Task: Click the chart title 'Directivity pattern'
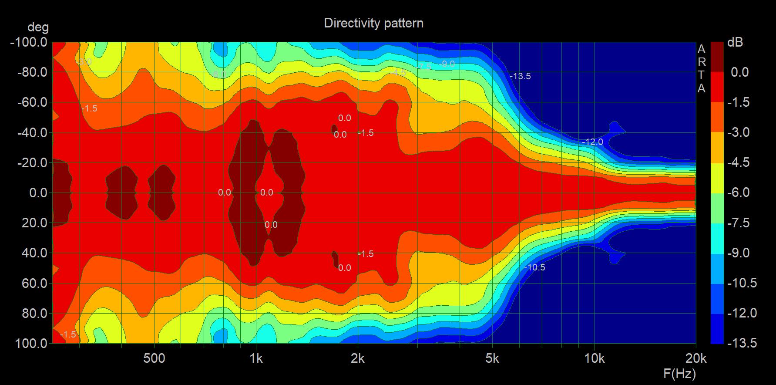pyautogui.click(x=373, y=23)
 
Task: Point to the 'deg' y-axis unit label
pyautogui.click(x=38, y=27)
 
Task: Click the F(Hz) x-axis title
pyautogui.click(x=679, y=374)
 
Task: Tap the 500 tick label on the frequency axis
pyautogui.click(x=154, y=358)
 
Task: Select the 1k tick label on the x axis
pyautogui.click(x=256, y=358)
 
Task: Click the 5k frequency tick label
pyautogui.click(x=492, y=358)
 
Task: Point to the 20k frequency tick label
pyautogui.click(x=695, y=358)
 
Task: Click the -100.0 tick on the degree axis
pyautogui.click(x=29, y=43)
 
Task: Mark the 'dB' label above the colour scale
pyautogui.click(x=735, y=43)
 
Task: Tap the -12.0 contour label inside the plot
pyautogui.click(x=592, y=142)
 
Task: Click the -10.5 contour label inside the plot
pyautogui.click(x=534, y=267)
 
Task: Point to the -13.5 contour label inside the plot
pyautogui.click(x=520, y=76)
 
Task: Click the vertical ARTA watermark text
pyautogui.click(x=701, y=68)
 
